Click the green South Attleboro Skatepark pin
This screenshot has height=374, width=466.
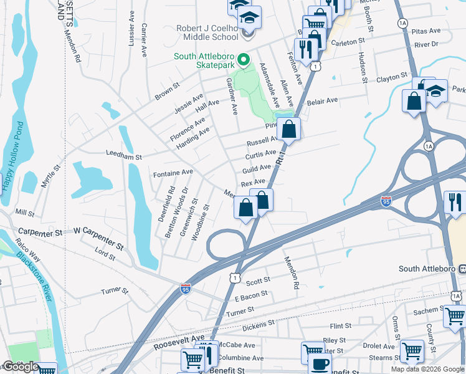(243, 60)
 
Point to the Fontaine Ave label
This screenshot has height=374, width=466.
(173, 171)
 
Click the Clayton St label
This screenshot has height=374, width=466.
(391, 80)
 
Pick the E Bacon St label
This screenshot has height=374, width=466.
(247, 294)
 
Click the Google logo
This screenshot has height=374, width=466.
(21, 367)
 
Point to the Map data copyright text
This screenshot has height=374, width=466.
(427, 369)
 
